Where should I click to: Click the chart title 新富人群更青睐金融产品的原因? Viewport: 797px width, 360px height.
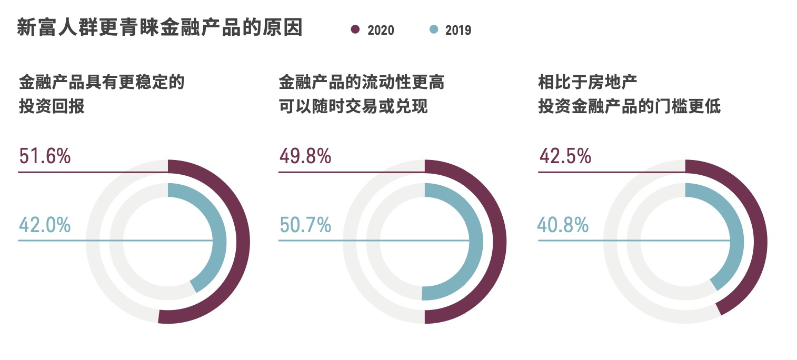click(x=160, y=28)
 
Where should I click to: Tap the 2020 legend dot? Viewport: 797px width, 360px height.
click(x=355, y=29)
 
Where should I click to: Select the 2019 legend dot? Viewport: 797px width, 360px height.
click(x=433, y=29)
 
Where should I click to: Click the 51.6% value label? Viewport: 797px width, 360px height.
click(x=45, y=156)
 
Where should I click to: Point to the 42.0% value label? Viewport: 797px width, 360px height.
click(x=45, y=225)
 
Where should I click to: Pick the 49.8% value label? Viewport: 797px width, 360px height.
click(x=305, y=156)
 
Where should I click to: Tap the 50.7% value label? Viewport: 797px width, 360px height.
click(x=305, y=225)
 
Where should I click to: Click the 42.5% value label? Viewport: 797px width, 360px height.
click(x=565, y=156)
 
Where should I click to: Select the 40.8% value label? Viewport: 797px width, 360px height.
click(x=563, y=225)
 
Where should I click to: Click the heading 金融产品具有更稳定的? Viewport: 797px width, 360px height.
click(x=102, y=83)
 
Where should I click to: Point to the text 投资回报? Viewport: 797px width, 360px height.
click(x=52, y=107)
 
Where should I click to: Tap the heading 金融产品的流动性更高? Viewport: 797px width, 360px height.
click(x=362, y=83)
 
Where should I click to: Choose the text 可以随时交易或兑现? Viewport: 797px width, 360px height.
click(x=353, y=107)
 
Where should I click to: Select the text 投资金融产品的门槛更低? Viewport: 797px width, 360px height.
click(x=629, y=107)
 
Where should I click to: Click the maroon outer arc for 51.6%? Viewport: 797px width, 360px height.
click(x=243, y=242)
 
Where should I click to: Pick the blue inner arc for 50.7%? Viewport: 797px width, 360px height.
click(x=476, y=242)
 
